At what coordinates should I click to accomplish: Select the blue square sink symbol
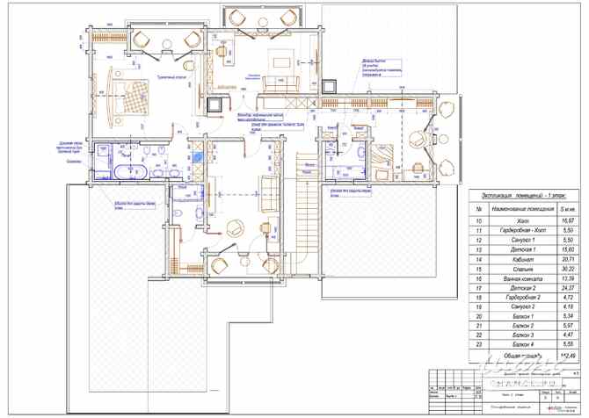199,159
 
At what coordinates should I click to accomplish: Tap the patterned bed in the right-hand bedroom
384,160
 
